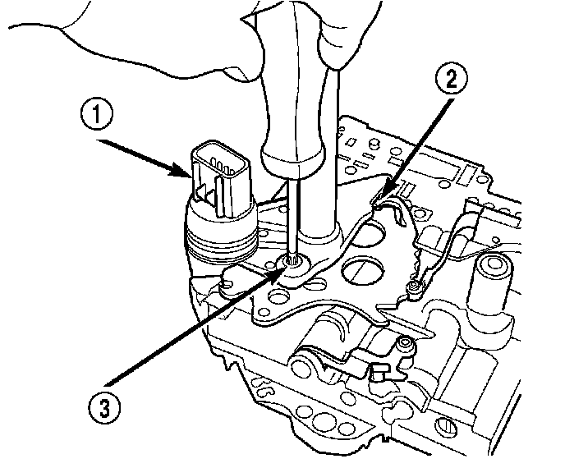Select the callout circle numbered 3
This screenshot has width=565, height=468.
tap(103, 405)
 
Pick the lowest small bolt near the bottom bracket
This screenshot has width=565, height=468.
tap(404, 345)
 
